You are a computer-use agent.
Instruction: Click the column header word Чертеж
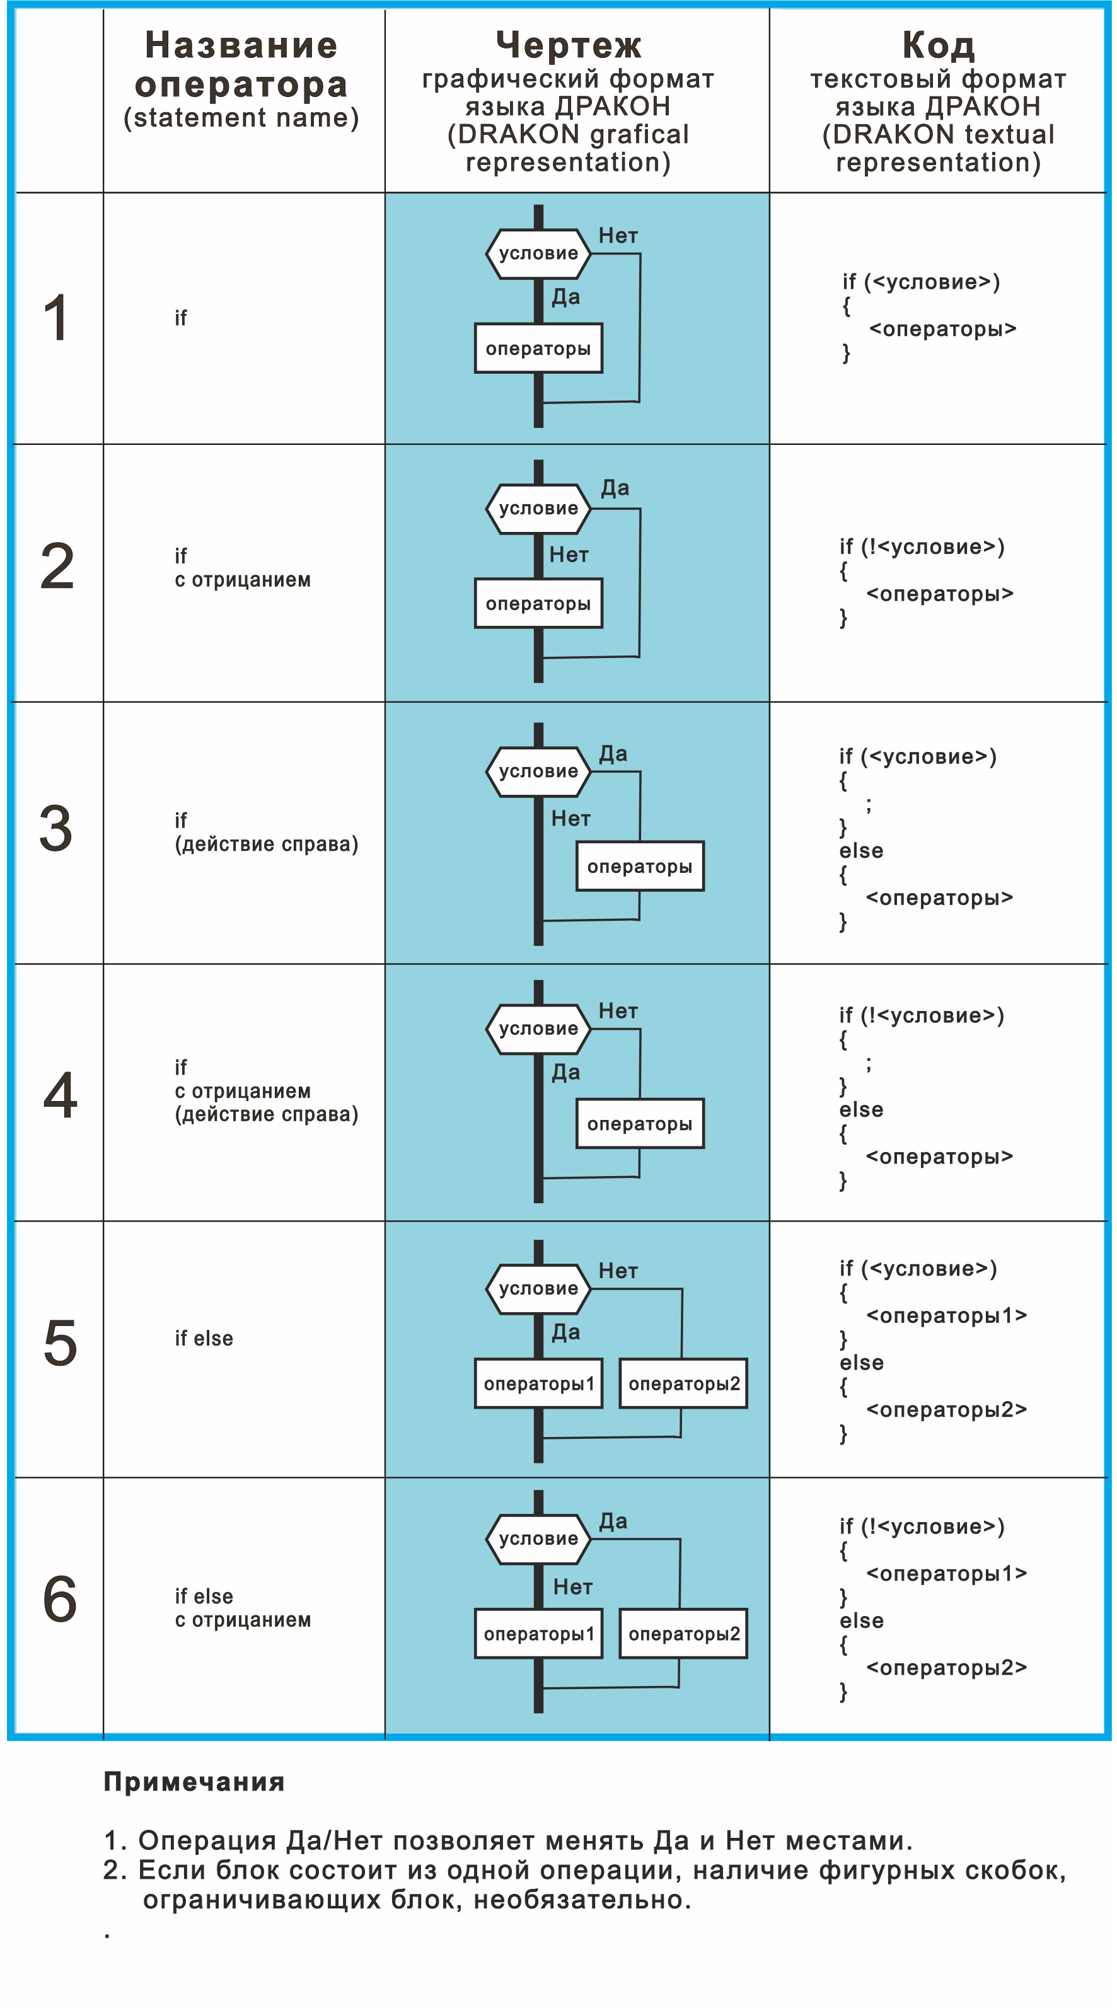pyautogui.click(x=568, y=45)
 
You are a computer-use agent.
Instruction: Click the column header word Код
pyautogui.click(x=938, y=45)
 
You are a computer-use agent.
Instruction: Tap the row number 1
pyautogui.click(x=57, y=318)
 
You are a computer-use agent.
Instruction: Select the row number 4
pyautogui.click(x=60, y=1095)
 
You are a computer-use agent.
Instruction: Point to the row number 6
pyautogui.click(x=60, y=1599)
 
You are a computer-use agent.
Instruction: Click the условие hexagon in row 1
pyautogui.click(x=538, y=253)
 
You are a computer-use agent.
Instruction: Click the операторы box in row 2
pyautogui.click(x=538, y=603)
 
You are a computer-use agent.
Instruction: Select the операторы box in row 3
pyautogui.click(x=639, y=866)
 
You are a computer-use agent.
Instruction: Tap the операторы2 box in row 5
pyautogui.click(x=683, y=1383)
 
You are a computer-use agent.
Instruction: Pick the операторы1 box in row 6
pyautogui.click(x=538, y=1634)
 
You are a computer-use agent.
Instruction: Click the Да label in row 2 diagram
pyautogui.click(x=615, y=488)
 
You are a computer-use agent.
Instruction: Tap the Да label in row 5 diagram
pyautogui.click(x=566, y=1332)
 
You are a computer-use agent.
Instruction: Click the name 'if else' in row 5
pyautogui.click(x=204, y=1339)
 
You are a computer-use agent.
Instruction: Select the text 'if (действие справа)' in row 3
pyautogui.click(x=266, y=833)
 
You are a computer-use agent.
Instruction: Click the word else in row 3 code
pyautogui.click(x=861, y=850)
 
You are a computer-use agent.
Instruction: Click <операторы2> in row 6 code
pyautogui.click(x=946, y=1668)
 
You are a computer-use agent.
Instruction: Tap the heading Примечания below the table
pyautogui.click(x=194, y=1782)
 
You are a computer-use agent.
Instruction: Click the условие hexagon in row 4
pyautogui.click(x=538, y=1029)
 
